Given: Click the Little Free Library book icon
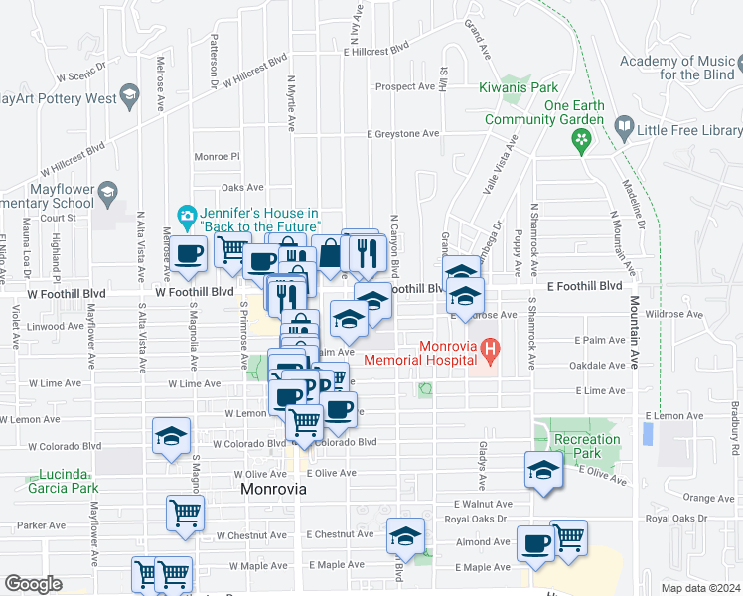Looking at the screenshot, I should point(623,127).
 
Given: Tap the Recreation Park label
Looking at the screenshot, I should point(587,446).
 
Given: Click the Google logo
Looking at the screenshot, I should point(32,584).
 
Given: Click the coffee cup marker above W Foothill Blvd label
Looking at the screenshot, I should point(188,254).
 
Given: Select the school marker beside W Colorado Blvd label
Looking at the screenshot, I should point(171,436).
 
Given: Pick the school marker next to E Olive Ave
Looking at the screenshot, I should point(543,470).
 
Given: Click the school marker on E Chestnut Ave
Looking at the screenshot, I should point(403,536).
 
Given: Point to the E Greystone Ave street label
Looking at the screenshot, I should point(402,133).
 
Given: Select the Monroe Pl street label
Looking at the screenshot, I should point(217,156).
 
